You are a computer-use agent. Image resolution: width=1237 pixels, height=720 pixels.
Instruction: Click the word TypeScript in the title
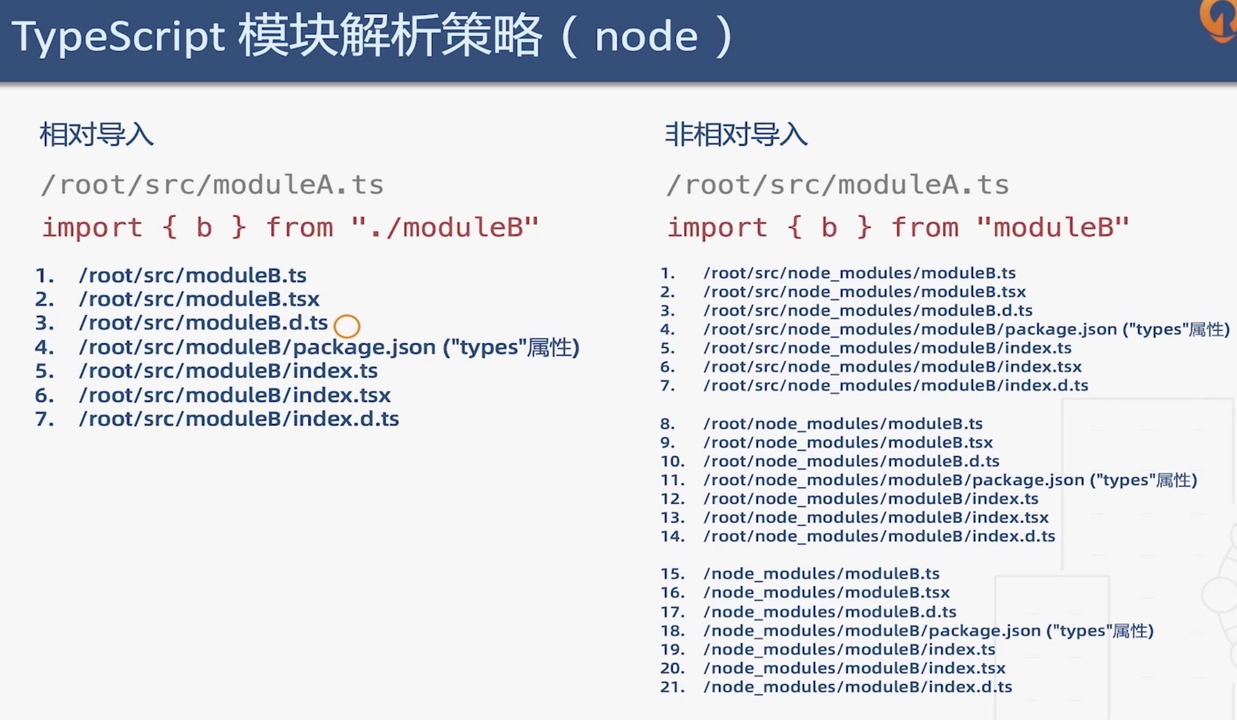click(x=118, y=37)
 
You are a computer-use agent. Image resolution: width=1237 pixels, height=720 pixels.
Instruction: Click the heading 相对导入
click(x=97, y=134)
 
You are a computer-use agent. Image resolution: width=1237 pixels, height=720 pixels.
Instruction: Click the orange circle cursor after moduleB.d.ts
click(x=346, y=326)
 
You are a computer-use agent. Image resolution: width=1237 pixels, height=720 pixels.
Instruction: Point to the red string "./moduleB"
click(x=445, y=227)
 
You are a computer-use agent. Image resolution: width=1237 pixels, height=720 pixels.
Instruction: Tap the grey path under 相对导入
click(x=212, y=185)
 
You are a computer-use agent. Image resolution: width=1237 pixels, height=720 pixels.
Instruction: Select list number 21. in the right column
click(x=672, y=686)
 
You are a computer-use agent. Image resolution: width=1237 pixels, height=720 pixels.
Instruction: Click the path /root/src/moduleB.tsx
click(x=199, y=299)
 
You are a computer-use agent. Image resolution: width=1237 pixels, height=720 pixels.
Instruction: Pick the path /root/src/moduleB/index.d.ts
click(x=239, y=419)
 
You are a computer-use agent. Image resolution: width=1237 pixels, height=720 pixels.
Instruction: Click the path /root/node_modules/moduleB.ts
click(x=842, y=424)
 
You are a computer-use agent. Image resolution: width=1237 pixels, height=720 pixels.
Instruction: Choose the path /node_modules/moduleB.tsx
click(x=826, y=592)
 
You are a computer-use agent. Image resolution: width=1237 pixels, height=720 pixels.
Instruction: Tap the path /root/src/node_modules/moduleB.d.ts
click(x=867, y=310)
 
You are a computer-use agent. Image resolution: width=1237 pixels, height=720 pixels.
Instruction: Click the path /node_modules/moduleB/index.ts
click(x=849, y=649)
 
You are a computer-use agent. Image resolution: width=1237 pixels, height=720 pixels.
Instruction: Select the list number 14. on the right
click(x=672, y=536)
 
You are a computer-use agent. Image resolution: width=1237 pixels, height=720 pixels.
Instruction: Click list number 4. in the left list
click(x=44, y=347)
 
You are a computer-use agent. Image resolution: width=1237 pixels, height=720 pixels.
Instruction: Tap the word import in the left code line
click(x=93, y=227)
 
